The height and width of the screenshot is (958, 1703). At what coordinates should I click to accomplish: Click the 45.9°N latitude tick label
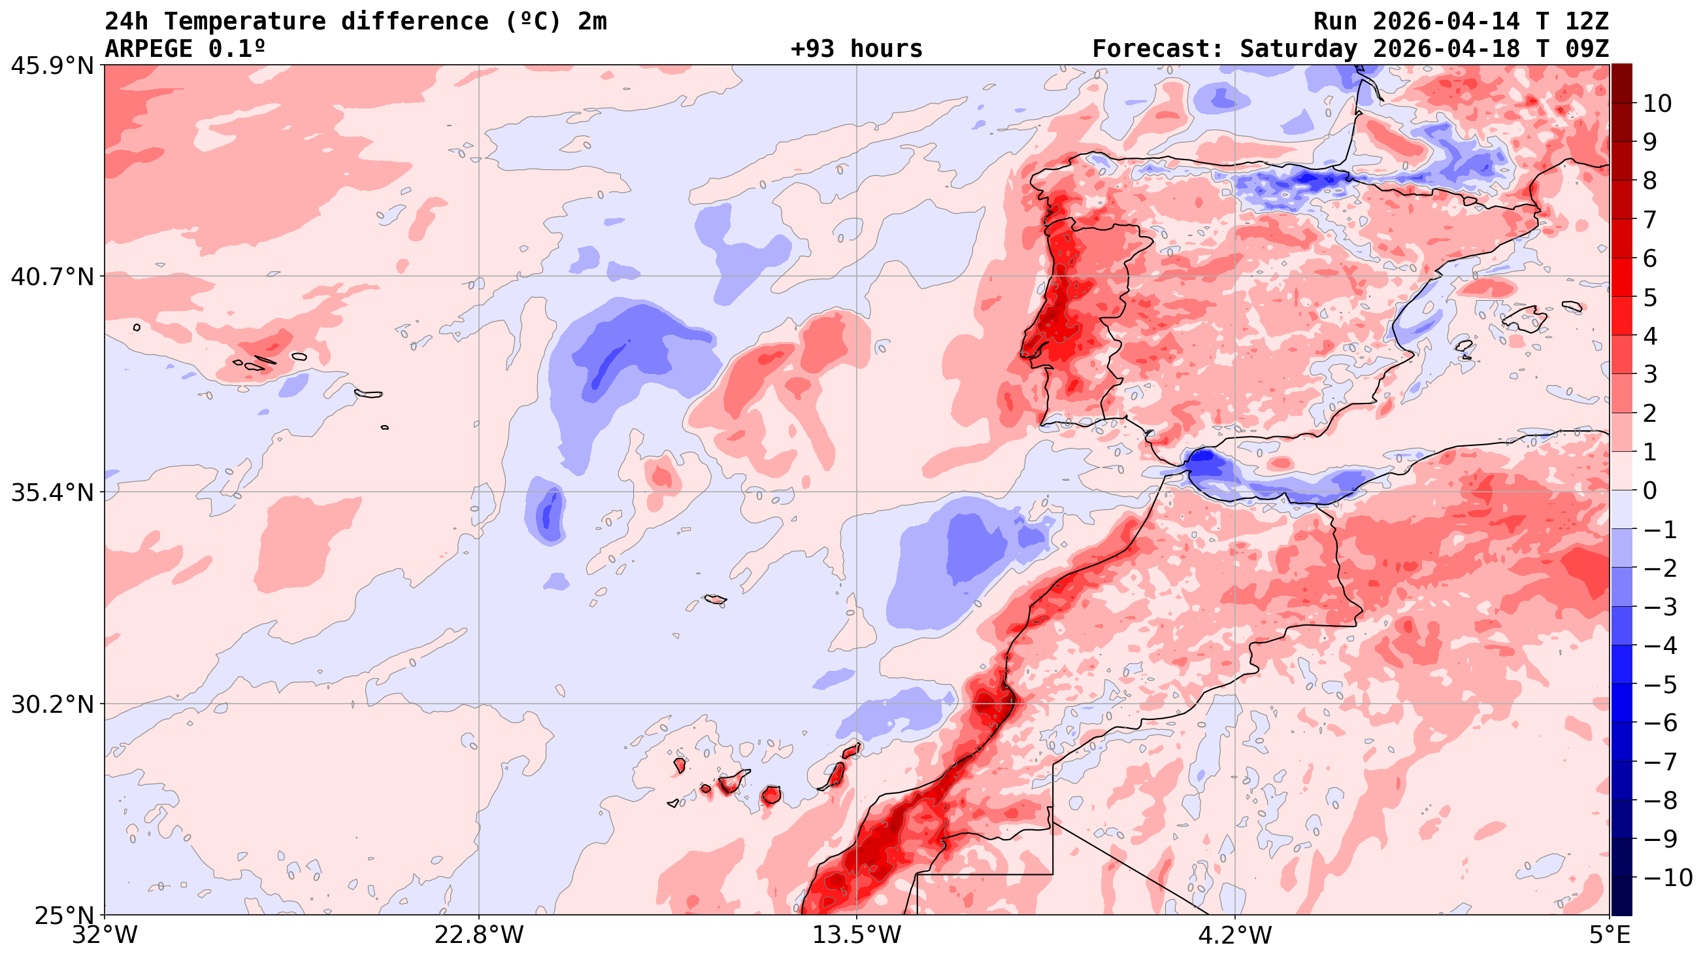pos(52,66)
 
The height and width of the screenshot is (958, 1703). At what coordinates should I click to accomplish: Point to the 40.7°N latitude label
pos(52,277)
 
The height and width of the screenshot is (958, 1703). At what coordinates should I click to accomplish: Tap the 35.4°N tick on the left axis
pos(52,492)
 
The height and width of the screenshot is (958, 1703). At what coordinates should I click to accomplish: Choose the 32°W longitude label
pos(105,936)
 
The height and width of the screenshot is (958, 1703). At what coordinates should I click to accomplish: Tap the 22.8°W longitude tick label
pos(478,936)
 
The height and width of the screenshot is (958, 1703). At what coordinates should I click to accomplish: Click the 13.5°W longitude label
pos(857,936)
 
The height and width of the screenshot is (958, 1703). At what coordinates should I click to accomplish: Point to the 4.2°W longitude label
pos(1235,936)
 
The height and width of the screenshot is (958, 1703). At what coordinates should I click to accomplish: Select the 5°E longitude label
pos(1609,936)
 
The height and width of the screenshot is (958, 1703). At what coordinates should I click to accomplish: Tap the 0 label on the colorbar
pos(1650,491)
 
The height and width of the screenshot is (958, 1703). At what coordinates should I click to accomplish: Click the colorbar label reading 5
pos(1650,298)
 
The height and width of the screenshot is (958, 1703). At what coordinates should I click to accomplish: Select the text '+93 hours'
pos(856,49)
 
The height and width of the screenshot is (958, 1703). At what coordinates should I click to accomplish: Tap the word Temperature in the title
pos(244,22)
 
